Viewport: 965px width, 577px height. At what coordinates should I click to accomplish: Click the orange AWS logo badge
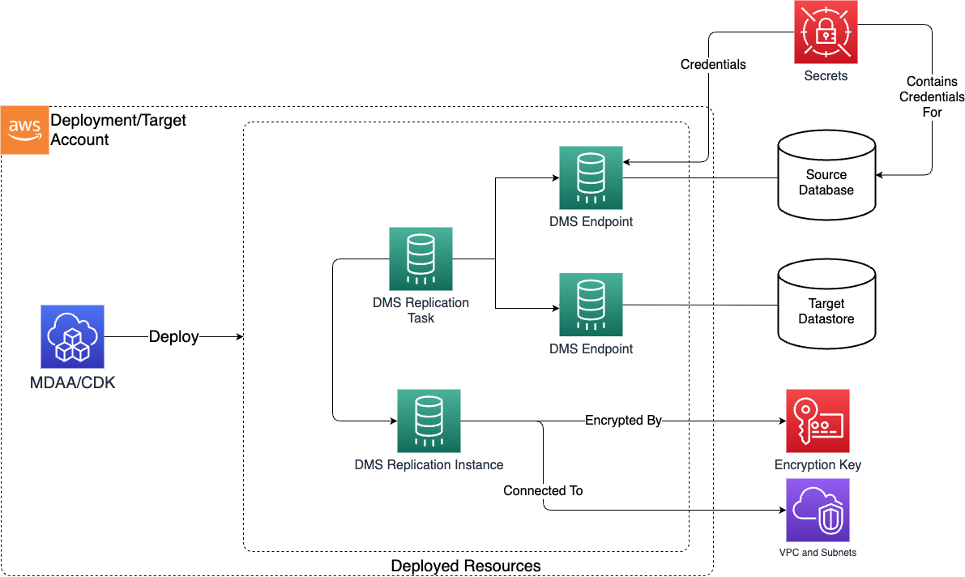click(x=25, y=130)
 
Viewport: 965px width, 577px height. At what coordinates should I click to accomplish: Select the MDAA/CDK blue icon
click(x=73, y=337)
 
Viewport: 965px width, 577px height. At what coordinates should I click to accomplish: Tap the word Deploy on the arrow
click(x=173, y=337)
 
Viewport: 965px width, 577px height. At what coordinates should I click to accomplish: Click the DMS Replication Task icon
click(x=421, y=259)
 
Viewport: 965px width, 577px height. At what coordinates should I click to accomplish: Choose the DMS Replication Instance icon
click(x=429, y=421)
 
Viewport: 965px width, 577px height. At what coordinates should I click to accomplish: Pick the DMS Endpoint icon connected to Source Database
click(x=591, y=178)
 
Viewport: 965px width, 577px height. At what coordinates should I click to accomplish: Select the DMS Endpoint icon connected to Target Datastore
click(x=591, y=305)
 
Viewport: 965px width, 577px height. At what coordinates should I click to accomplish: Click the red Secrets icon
click(x=826, y=32)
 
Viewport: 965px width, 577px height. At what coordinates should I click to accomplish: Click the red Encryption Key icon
click(x=818, y=421)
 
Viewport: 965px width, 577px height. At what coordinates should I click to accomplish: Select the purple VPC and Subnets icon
click(x=818, y=510)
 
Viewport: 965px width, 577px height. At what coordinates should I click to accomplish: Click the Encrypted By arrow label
click(x=623, y=421)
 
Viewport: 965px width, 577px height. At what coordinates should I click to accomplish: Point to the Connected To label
click(x=543, y=490)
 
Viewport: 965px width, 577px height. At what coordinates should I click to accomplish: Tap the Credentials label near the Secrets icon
click(x=713, y=64)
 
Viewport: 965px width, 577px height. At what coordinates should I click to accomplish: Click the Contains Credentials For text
click(x=932, y=96)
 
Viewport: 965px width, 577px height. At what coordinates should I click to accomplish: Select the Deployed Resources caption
click(x=465, y=565)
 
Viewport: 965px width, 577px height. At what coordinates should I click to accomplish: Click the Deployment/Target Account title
click(x=118, y=130)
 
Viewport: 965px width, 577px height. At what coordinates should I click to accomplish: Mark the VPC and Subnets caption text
click(x=818, y=553)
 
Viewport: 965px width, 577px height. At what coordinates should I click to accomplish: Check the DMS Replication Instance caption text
click(x=429, y=465)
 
